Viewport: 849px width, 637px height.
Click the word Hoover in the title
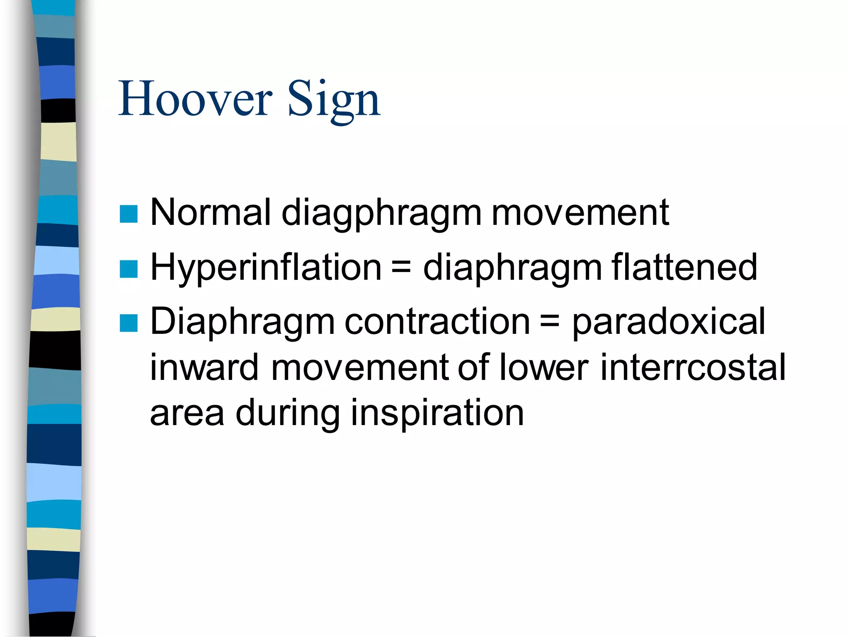click(x=195, y=100)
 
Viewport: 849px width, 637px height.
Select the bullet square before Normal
click(x=129, y=214)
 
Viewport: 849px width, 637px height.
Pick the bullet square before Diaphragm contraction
click(x=129, y=323)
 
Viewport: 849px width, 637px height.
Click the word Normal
click(x=210, y=212)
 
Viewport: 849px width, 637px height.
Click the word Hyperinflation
click(x=265, y=268)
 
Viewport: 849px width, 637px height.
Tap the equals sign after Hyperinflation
click(x=401, y=268)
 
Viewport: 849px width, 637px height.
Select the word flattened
click(x=684, y=267)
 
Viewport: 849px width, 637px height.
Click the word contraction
click(x=437, y=322)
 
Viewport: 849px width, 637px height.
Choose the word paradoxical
click(x=668, y=323)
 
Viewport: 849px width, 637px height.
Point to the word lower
click(x=543, y=367)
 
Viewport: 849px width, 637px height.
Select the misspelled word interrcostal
click(x=692, y=367)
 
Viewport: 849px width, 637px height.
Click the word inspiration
click(x=437, y=414)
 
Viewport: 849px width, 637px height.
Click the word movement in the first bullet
click(x=580, y=213)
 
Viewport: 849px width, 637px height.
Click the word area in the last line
click(x=187, y=414)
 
